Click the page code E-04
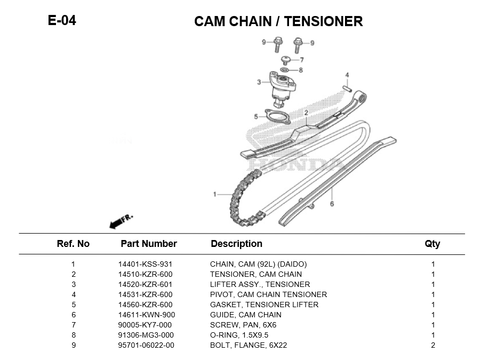pos(62,20)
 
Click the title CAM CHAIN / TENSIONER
pos(278,21)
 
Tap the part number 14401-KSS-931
pos(145,264)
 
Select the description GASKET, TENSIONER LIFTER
pos(264,305)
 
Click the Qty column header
pos(432,244)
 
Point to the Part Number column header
pos(148,244)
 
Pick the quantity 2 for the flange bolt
pos(432,345)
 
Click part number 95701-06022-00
pos(146,345)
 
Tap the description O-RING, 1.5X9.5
pos(239,335)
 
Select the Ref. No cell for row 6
pos(74,315)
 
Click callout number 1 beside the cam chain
pos(215,195)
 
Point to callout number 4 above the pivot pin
pos(347,75)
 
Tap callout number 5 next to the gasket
pos(256,116)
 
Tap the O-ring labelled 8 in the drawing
pos(285,70)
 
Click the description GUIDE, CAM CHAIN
pos(245,315)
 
